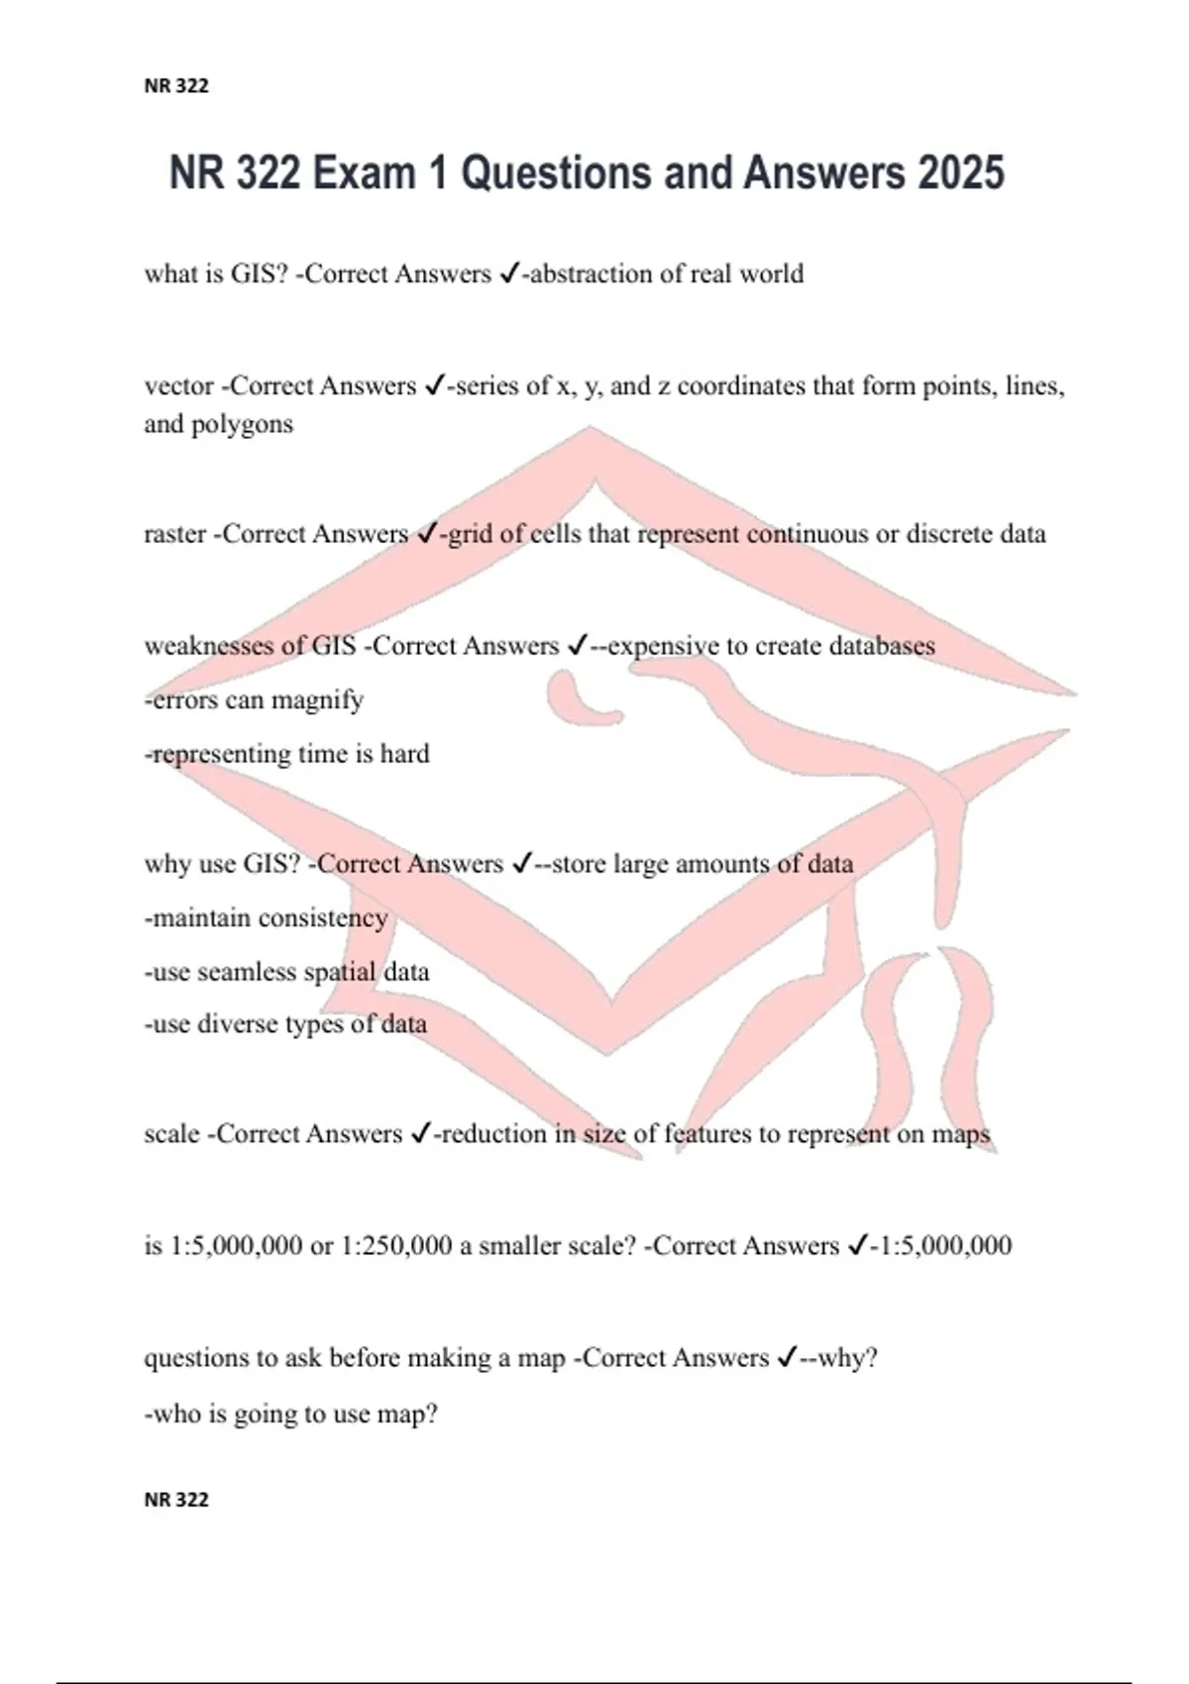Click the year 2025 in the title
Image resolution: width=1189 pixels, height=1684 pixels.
[960, 173]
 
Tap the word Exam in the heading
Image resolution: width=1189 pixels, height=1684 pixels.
[362, 173]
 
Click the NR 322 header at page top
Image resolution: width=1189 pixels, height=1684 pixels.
[176, 86]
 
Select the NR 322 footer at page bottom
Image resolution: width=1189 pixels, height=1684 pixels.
[176, 1500]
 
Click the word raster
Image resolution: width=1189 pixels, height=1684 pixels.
[175, 535]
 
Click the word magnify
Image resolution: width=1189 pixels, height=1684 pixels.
[317, 700]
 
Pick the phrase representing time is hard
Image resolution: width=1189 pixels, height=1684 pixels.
[287, 755]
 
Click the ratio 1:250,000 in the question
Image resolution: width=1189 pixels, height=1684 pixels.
[396, 1246]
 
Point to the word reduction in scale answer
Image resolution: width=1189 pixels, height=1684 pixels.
[492, 1134]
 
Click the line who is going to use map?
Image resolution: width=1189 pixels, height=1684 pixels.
[291, 1414]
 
